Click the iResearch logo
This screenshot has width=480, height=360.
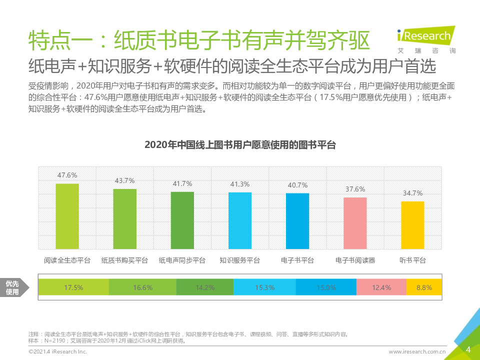(x=426, y=38)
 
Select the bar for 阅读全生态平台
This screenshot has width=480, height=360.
(x=67, y=216)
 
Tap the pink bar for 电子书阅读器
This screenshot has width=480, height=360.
(x=355, y=223)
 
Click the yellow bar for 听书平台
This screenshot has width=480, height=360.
(x=412, y=225)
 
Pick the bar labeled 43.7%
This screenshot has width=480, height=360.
(x=124, y=218)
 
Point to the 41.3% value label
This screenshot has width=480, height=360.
(x=240, y=184)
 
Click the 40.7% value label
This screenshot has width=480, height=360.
(x=297, y=185)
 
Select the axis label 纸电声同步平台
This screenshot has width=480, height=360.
(x=182, y=260)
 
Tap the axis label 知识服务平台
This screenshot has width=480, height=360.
(x=240, y=260)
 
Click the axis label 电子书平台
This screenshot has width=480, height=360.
(x=297, y=260)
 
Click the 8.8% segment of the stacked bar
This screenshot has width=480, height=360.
(x=424, y=287)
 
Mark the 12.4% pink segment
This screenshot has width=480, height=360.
(x=381, y=287)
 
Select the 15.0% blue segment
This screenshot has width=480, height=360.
(x=326, y=287)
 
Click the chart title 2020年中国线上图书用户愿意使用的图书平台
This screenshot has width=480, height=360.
(x=240, y=145)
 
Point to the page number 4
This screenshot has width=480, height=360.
(x=468, y=349)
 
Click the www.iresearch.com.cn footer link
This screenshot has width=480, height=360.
(x=417, y=352)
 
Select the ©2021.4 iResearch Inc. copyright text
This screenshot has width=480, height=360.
(x=58, y=352)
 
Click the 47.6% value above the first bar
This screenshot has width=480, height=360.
(x=67, y=175)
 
